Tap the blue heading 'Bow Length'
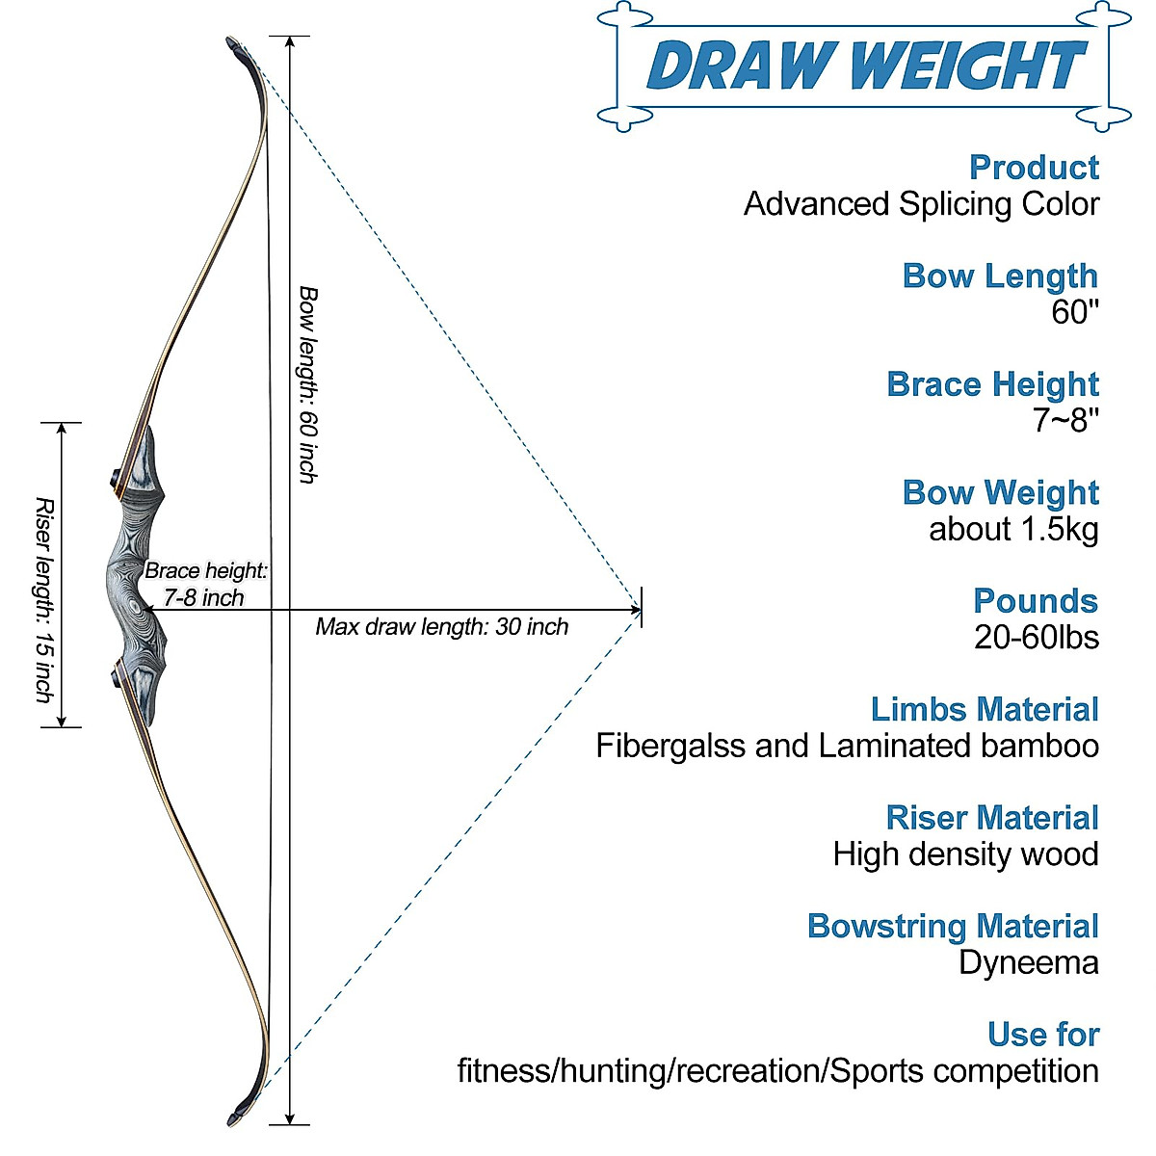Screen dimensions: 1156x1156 click(x=1000, y=276)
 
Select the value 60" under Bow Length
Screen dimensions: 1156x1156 click(x=1074, y=312)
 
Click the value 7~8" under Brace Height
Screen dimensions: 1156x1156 click(x=1065, y=420)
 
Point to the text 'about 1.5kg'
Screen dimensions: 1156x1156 click(x=1013, y=529)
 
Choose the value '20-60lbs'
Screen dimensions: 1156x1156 click(x=1036, y=637)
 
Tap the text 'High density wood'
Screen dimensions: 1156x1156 click(x=965, y=854)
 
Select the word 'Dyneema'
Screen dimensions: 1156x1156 click(x=1028, y=962)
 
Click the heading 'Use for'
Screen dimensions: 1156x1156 click(x=1042, y=1034)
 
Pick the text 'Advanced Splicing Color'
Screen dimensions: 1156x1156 click(x=921, y=204)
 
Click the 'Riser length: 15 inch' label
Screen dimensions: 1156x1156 click(x=43, y=599)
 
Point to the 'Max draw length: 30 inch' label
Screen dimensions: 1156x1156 click(x=441, y=627)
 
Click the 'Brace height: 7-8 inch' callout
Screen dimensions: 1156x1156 click(x=204, y=584)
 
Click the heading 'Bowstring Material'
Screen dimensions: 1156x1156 click(x=952, y=926)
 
